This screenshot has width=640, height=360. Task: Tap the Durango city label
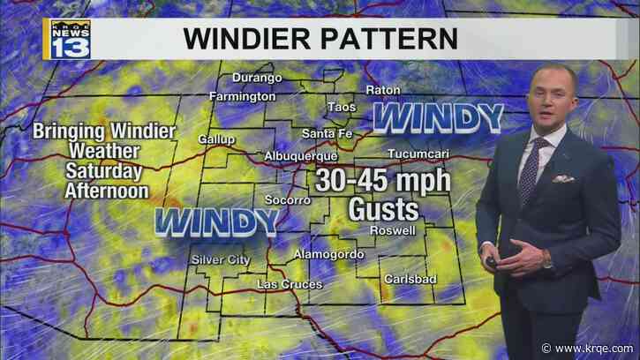coord(257,78)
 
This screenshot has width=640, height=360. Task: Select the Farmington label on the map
coord(243,95)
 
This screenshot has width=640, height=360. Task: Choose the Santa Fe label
coord(327,133)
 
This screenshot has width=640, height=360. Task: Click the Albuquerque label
coord(301,156)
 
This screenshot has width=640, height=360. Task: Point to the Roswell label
coord(393,230)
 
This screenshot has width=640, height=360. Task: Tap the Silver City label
coord(221,259)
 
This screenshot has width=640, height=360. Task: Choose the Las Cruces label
coord(289,284)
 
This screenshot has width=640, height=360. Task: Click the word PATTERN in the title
coord(391,40)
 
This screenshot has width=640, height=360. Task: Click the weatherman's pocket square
coord(562,178)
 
